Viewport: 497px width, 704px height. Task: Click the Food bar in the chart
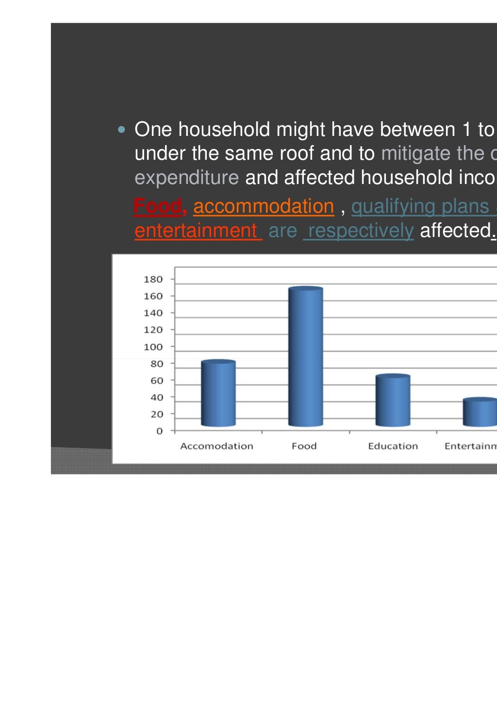pos(305,357)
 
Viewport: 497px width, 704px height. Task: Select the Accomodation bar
pos(218,394)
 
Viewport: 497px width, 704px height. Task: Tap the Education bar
pos(393,401)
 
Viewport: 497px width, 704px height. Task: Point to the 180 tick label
pos(153,279)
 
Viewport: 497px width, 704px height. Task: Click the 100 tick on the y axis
pos(153,347)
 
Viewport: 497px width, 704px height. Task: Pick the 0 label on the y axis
pos(159,431)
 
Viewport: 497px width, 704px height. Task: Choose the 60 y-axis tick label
pos(156,381)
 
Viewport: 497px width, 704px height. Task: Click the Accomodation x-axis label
pos(216,446)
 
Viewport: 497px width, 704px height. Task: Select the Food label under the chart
pos(304,446)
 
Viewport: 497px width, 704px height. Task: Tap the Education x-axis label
pos(393,446)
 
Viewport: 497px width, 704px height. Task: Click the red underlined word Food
pos(157,206)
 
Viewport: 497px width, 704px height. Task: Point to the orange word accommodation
pos(264,206)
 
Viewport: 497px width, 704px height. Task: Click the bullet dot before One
pos(121,130)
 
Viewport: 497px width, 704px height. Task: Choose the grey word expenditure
pos(186,178)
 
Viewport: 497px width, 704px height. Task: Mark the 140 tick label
pos(153,313)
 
